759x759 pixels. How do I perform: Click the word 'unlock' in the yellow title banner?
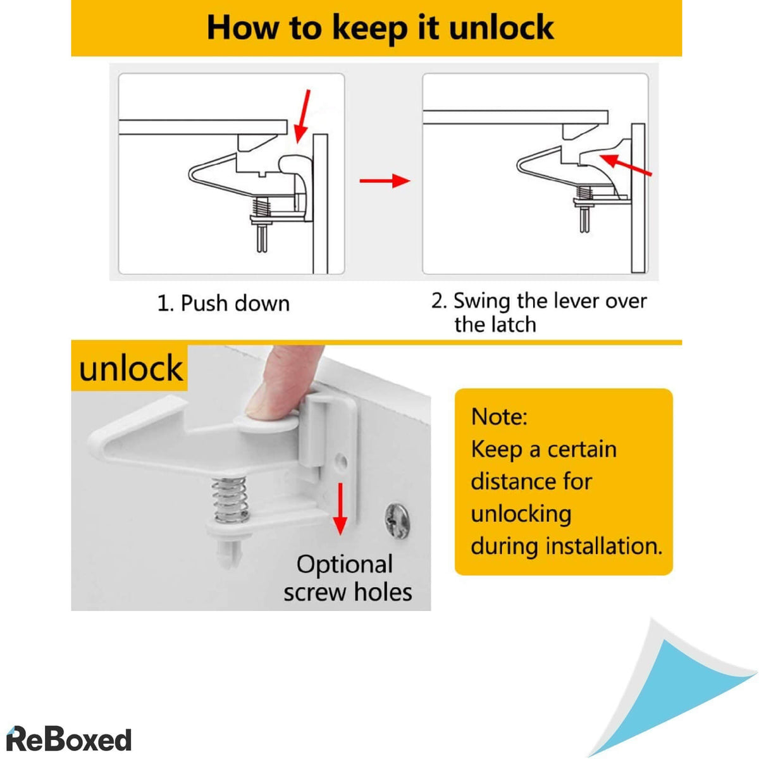(x=501, y=27)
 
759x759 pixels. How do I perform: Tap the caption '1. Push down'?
(x=223, y=304)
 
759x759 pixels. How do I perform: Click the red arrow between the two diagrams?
(x=385, y=181)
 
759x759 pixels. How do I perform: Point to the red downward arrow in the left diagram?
(x=302, y=116)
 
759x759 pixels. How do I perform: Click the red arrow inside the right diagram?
(x=626, y=164)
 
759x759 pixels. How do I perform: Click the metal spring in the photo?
(x=230, y=499)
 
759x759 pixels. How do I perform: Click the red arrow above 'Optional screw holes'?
(x=340, y=509)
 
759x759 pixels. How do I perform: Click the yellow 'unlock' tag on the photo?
(x=130, y=368)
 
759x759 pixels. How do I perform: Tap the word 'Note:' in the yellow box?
(x=499, y=416)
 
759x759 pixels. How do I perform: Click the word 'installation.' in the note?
(x=604, y=546)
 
